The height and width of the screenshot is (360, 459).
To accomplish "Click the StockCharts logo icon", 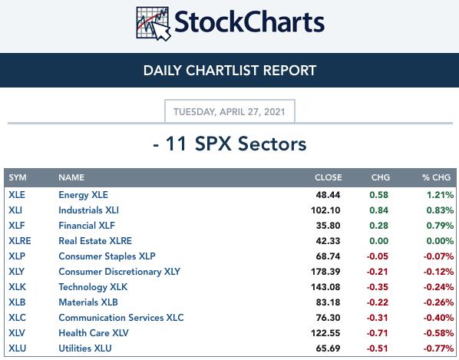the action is click(x=154, y=24).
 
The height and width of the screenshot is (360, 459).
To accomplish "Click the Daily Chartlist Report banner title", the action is click(x=229, y=71).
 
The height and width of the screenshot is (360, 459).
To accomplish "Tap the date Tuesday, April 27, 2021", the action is click(x=229, y=112).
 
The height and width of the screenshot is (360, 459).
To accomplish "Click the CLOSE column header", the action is click(x=329, y=177).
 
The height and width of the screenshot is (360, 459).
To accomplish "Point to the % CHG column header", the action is click(x=436, y=177).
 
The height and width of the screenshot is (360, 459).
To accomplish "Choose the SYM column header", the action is click(x=18, y=177).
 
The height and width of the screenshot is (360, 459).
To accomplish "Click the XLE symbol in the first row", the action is click(x=17, y=195).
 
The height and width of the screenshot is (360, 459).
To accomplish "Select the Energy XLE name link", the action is click(x=83, y=195).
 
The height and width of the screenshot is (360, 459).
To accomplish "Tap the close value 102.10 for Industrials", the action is click(x=325, y=210).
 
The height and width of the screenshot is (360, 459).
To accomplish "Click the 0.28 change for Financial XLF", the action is click(x=379, y=226).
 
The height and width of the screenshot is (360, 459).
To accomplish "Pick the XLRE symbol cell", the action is click(x=20, y=241).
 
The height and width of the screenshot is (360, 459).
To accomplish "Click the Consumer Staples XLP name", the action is click(x=107, y=256).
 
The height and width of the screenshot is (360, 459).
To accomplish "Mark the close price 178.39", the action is click(x=325, y=272).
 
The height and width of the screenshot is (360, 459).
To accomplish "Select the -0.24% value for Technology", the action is click(x=438, y=287).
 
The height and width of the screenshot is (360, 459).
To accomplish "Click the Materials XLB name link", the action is click(x=88, y=302).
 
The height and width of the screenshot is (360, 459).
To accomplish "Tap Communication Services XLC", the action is click(x=121, y=318).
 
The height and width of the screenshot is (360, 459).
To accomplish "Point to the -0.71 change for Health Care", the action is click(x=378, y=333).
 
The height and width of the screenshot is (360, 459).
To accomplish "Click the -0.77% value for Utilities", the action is click(x=438, y=348).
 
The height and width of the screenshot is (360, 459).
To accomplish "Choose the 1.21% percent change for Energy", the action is click(x=441, y=195).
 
